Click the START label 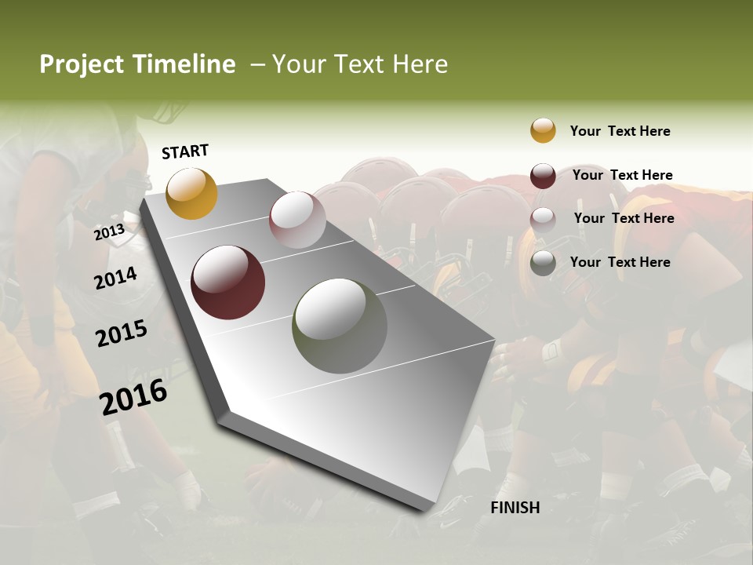(185, 151)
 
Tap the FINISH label (515, 508)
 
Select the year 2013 (110, 232)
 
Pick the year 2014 (116, 278)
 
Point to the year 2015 (122, 334)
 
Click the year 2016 (133, 396)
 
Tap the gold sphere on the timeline (191, 193)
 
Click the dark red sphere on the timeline (227, 282)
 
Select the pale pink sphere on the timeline (297, 220)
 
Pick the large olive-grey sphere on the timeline (339, 326)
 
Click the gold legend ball (543, 130)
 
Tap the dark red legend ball (543, 176)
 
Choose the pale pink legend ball (543, 219)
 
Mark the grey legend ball (543, 263)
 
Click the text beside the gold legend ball (620, 131)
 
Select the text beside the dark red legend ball (622, 175)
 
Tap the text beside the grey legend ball (620, 262)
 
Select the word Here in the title (420, 64)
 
